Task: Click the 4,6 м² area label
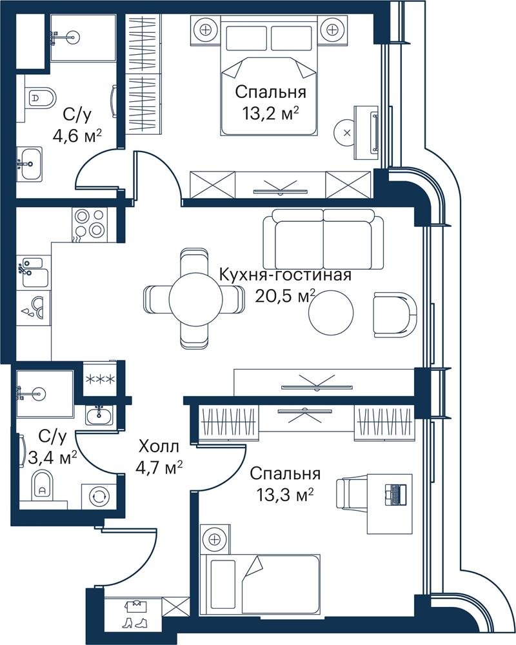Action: click(77, 135)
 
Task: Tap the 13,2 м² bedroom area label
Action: click(270, 112)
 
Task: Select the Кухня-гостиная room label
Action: click(285, 274)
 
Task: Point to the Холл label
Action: click(159, 446)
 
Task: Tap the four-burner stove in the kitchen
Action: click(90, 223)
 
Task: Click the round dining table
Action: click(196, 299)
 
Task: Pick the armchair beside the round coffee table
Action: click(395, 315)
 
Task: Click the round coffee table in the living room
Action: click(332, 312)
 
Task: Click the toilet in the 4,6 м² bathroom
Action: click(41, 98)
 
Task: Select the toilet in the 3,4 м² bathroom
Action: click(43, 486)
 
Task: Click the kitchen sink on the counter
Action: click(33, 272)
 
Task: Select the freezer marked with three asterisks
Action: click(99, 379)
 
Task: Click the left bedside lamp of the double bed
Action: click(205, 30)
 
